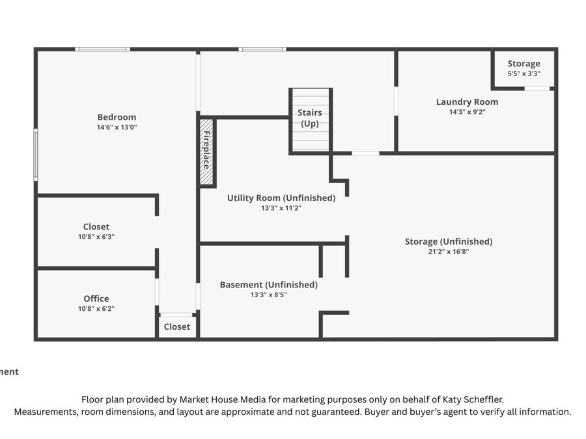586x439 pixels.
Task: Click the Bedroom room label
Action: click(117, 117)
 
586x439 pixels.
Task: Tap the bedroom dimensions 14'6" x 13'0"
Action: click(117, 127)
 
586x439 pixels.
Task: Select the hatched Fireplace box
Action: click(206, 152)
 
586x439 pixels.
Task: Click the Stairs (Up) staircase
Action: click(310, 120)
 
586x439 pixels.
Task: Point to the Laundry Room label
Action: click(467, 102)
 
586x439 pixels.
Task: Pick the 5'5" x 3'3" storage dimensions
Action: click(523, 73)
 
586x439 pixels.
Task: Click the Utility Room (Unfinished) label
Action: click(281, 198)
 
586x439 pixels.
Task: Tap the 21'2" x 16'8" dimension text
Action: click(449, 252)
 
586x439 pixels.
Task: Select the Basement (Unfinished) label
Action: click(269, 285)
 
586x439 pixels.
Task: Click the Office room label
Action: click(96, 299)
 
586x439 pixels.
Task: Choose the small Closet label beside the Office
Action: click(176, 326)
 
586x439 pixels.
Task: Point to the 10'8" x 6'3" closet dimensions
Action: click(96, 237)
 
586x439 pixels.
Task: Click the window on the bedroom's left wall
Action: click(36, 155)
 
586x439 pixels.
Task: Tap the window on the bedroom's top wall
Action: click(102, 49)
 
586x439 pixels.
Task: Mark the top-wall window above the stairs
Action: click(262, 49)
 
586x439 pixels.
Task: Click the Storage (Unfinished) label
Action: click(449, 241)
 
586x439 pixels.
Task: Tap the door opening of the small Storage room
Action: click(537, 88)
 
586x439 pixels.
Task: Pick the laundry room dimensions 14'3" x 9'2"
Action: click(467, 112)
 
